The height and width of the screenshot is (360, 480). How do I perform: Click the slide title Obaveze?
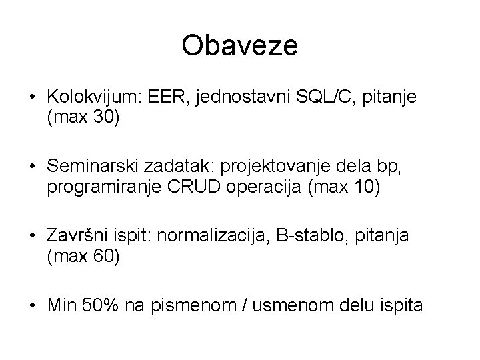[x=240, y=46]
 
